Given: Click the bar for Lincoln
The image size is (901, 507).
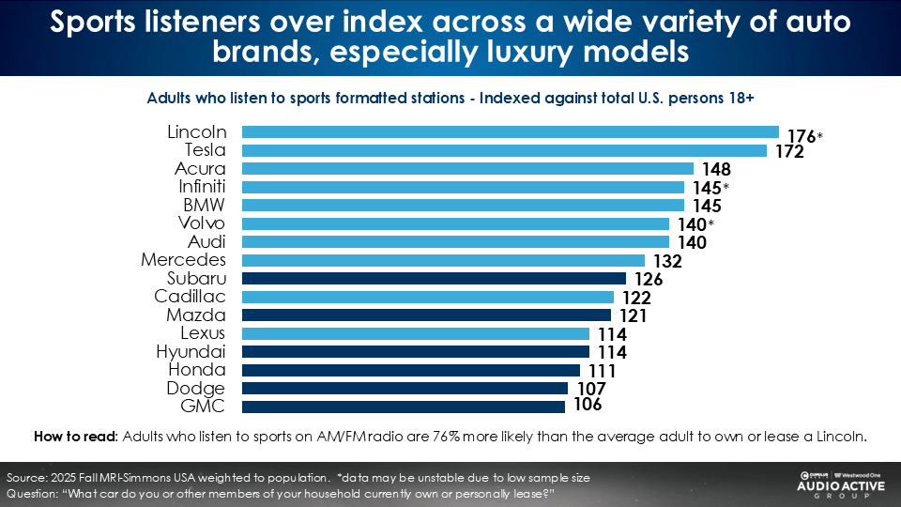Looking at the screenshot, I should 511,132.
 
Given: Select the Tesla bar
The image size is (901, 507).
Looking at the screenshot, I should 505,150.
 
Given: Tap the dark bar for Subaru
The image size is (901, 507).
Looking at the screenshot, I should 434,279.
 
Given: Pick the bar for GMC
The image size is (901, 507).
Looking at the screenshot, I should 404,407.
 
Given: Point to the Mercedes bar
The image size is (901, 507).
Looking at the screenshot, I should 443,260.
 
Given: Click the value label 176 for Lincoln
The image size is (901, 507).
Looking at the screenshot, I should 801,135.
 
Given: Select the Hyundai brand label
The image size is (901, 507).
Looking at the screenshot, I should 191,351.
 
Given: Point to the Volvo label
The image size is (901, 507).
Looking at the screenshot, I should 202,223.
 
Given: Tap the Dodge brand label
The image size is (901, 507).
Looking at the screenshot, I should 195,388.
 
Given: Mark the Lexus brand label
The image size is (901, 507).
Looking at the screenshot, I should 203,333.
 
